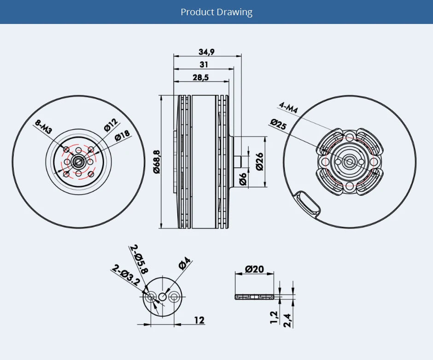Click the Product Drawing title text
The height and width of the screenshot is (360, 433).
coord(216,12)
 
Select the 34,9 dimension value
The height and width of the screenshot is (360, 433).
coord(206,52)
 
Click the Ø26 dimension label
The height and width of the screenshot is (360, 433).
coord(259,162)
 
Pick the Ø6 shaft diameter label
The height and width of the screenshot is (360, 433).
coord(243,180)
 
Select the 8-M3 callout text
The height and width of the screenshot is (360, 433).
coord(43,127)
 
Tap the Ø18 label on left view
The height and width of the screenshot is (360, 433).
coord(123,136)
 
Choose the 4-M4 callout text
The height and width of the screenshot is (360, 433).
coord(288,107)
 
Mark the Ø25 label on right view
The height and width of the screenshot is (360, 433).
coord(279,124)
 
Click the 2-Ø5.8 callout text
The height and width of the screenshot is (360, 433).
coord(140,259)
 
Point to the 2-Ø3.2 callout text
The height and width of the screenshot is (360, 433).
coord(126,275)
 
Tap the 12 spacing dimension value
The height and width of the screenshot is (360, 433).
coord(199,320)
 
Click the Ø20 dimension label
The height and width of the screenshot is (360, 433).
coord(254,269)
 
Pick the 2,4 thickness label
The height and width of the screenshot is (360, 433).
coord(288,320)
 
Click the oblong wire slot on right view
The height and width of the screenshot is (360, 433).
coord(308,203)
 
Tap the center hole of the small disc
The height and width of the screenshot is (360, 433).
coord(163,297)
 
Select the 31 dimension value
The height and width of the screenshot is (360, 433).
coord(204,65)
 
